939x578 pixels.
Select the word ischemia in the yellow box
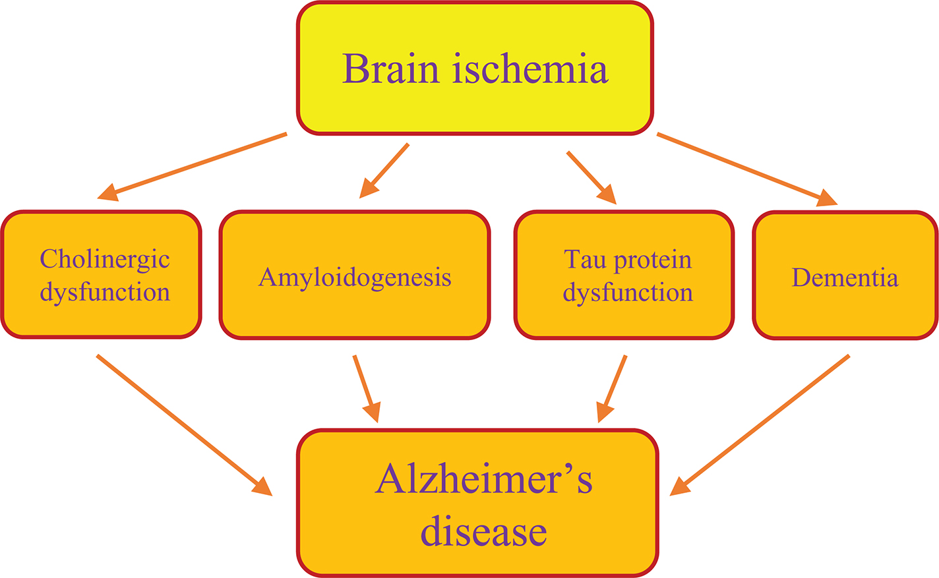tap(530, 69)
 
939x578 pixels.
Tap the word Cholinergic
tap(105, 260)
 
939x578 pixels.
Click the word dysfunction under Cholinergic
tap(105, 292)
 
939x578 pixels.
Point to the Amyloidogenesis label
tap(355, 277)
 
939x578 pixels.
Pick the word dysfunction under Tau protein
tap(628, 292)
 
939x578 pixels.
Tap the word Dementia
tap(845, 277)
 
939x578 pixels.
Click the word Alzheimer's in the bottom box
tap(483, 479)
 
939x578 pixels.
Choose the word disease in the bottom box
tap(483, 531)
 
